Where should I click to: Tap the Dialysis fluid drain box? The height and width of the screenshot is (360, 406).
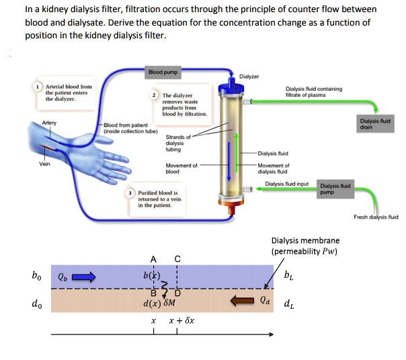(x=376, y=122)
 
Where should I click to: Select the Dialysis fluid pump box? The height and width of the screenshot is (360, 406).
(x=334, y=189)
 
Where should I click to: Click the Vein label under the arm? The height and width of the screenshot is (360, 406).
(x=44, y=164)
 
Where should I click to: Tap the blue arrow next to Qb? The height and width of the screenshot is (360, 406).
(x=85, y=275)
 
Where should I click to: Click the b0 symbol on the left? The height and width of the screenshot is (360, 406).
(x=36, y=275)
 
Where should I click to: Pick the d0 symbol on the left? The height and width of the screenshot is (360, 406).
(x=36, y=303)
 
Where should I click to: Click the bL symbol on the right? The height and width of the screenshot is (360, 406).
(x=288, y=274)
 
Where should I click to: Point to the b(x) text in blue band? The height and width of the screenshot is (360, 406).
(x=152, y=275)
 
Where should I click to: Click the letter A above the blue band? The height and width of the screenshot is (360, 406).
(x=153, y=258)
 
